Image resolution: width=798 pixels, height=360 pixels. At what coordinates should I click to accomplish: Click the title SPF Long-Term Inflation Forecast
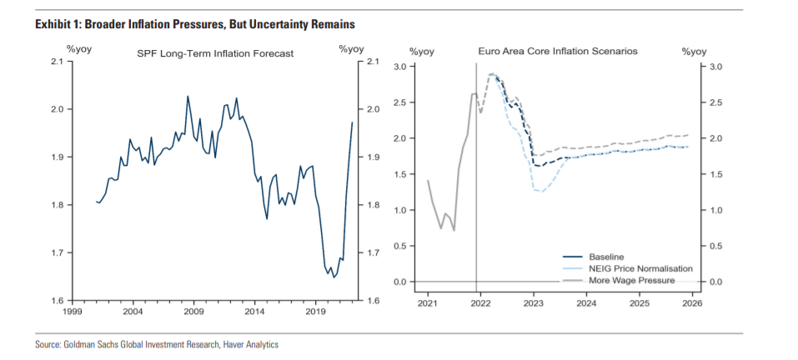point(214,54)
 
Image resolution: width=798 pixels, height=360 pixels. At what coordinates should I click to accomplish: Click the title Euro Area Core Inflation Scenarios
point(558,51)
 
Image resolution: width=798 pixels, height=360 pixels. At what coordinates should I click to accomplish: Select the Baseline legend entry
point(606,256)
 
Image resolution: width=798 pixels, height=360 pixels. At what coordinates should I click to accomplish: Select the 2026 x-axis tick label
point(691,303)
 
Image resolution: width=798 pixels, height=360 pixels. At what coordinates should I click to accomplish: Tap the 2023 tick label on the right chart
point(533,303)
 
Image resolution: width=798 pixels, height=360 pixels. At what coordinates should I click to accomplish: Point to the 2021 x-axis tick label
point(427,303)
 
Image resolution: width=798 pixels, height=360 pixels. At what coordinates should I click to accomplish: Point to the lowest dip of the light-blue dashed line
point(540,192)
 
